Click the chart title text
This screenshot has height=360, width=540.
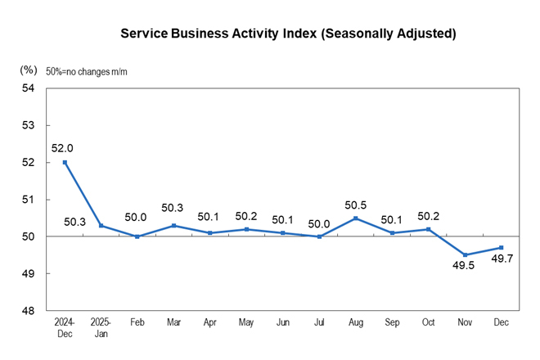(x=288, y=34)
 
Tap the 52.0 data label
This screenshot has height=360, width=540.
(x=62, y=148)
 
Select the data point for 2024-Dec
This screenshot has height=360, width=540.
(x=65, y=162)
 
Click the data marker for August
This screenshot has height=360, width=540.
(x=356, y=218)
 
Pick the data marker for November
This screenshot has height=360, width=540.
(x=465, y=255)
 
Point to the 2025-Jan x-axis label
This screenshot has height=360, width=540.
(x=101, y=327)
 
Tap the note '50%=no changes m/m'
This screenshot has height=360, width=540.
(x=87, y=71)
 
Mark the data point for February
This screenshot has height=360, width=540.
(x=137, y=236)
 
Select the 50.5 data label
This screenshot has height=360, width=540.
(x=355, y=204)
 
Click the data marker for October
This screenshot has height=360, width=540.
(x=429, y=229)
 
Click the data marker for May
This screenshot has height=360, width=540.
(x=246, y=229)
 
